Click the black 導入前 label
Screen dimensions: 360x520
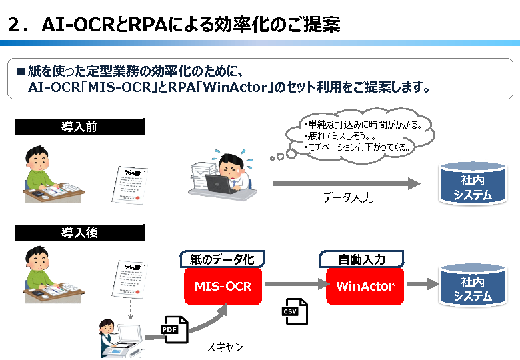[x=79, y=127]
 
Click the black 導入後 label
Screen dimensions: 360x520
[x=79, y=233]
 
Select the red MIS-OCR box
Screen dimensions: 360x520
[x=223, y=286]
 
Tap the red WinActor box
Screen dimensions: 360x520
[x=365, y=286]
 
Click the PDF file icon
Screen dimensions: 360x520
[x=171, y=329]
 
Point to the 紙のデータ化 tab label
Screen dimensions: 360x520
[x=223, y=259]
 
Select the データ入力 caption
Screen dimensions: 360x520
[x=348, y=197]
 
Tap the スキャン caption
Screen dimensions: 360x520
[x=224, y=347]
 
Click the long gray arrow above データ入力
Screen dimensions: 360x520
[x=347, y=183]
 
